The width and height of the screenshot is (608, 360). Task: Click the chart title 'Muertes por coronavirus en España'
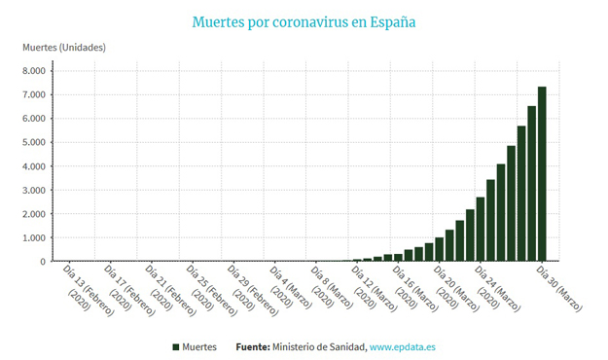pyautogui.click(x=304, y=22)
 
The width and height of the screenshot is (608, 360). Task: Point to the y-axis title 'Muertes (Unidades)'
pyautogui.click(x=64, y=48)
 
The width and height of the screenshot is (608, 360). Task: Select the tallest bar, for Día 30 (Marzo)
pyautogui.click(x=542, y=174)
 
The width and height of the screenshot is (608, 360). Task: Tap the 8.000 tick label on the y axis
pyautogui.click(x=34, y=71)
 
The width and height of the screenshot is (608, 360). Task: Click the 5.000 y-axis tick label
pyautogui.click(x=34, y=142)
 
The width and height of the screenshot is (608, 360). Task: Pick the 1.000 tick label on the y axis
pyautogui.click(x=34, y=237)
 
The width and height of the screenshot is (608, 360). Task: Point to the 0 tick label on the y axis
pyautogui.click(x=43, y=262)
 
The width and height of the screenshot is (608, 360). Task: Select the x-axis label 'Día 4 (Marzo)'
pyautogui.click(x=291, y=287)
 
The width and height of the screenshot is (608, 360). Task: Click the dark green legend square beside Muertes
pyautogui.click(x=176, y=347)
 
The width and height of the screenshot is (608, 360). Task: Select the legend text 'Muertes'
pyautogui.click(x=199, y=346)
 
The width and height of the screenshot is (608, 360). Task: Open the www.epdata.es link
pyautogui.click(x=403, y=346)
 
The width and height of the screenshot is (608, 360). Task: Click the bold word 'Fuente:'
pyautogui.click(x=253, y=346)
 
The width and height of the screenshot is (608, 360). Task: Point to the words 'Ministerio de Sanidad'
pyautogui.click(x=319, y=346)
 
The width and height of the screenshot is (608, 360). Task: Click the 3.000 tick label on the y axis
pyautogui.click(x=34, y=190)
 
